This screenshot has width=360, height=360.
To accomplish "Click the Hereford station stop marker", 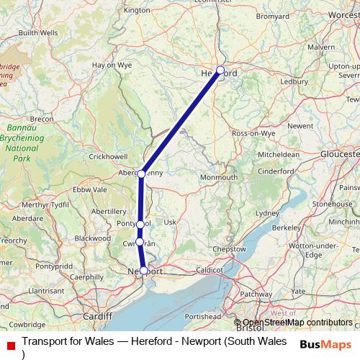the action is pos(220,71).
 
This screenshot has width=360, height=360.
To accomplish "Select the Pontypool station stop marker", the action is pos(140,225).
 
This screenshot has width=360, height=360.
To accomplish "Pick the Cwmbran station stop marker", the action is pos(140,243).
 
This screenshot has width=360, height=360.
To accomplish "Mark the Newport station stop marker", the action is pos(144,271).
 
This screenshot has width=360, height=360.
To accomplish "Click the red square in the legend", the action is pos(10,346).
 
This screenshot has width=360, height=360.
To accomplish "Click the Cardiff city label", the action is pos(98,316).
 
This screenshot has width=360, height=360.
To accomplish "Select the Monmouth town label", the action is pos(219,177).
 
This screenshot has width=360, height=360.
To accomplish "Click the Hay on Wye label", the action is pos(107,65).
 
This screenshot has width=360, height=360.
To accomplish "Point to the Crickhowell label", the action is pos(108,156).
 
